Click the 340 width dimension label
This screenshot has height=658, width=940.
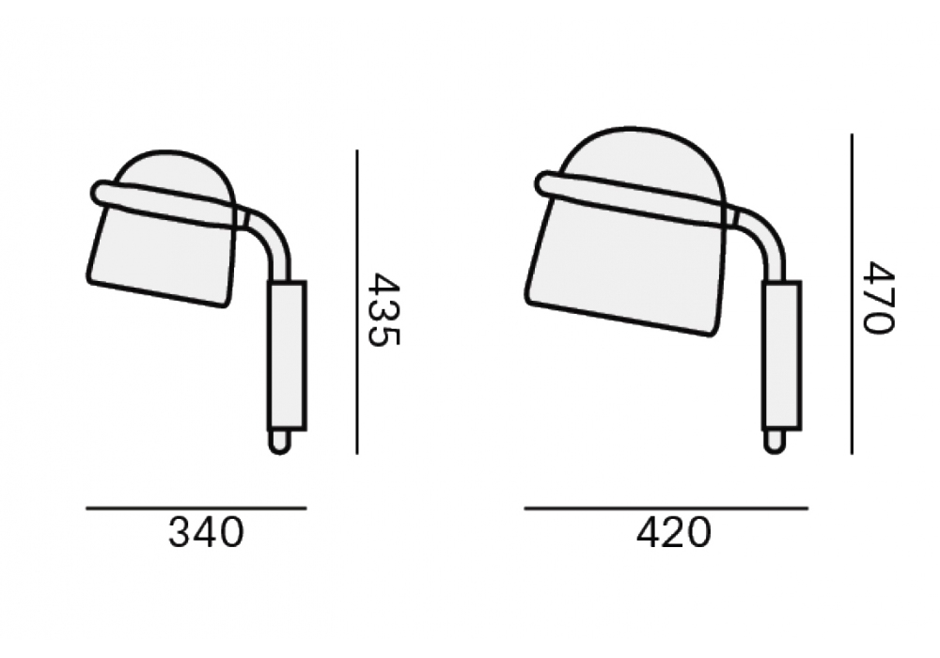point(206,533)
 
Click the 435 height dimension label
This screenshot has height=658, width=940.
point(384,309)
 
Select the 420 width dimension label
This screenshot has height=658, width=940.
point(673,533)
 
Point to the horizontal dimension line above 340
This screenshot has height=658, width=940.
point(196,509)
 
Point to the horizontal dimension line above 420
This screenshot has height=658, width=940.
point(666,509)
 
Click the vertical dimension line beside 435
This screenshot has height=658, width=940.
point(357,302)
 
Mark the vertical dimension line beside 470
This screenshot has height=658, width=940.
point(852,293)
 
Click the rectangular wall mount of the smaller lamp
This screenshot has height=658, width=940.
point(287,355)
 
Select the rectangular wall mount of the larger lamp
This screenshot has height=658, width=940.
point(782,356)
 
